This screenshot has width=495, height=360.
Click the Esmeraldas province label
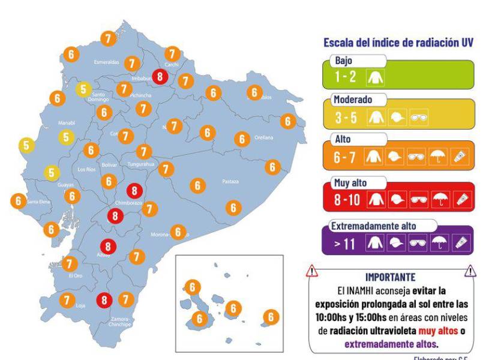[x=106, y=62]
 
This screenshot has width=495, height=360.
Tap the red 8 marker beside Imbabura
[x=160, y=76]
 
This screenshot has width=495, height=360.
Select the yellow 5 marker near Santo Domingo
[x=84, y=89]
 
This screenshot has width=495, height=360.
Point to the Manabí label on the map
[x=65, y=122]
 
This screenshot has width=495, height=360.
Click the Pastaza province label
[x=230, y=181]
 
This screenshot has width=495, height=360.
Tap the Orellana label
[x=263, y=137]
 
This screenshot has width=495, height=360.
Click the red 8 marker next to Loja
[x=106, y=299]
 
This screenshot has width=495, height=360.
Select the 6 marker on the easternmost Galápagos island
[x=271, y=316]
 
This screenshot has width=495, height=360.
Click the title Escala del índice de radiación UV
[x=398, y=43]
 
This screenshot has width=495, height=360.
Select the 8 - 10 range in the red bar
[x=347, y=199]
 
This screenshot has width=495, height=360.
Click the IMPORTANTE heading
[x=390, y=277]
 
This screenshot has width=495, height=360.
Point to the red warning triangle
[x=312, y=272]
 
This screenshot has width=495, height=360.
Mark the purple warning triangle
[x=471, y=271]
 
